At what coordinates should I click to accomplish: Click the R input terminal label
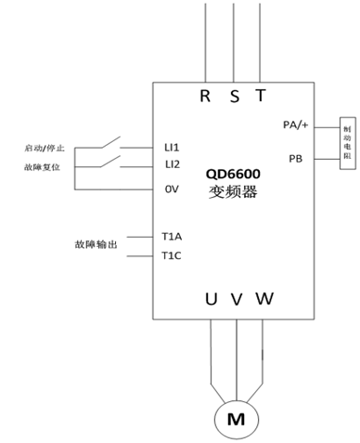click(205, 95)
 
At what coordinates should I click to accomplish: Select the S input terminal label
click(235, 95)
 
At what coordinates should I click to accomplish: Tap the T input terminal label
click(261, 95)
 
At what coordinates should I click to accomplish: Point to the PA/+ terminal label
click(296, 124)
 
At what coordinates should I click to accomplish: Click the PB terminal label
click(296, 159)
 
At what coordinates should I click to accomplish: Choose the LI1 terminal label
click(172, 148)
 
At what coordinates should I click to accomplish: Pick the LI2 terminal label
click(172, 164)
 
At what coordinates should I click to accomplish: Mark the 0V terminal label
click(172, 189)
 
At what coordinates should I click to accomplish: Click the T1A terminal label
click(172, 236)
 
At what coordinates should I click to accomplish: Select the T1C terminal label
click(172, 255)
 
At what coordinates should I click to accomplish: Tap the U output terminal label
click(211, 299)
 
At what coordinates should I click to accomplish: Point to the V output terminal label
click(237, 299)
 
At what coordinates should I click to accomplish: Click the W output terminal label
click(264, 299)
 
